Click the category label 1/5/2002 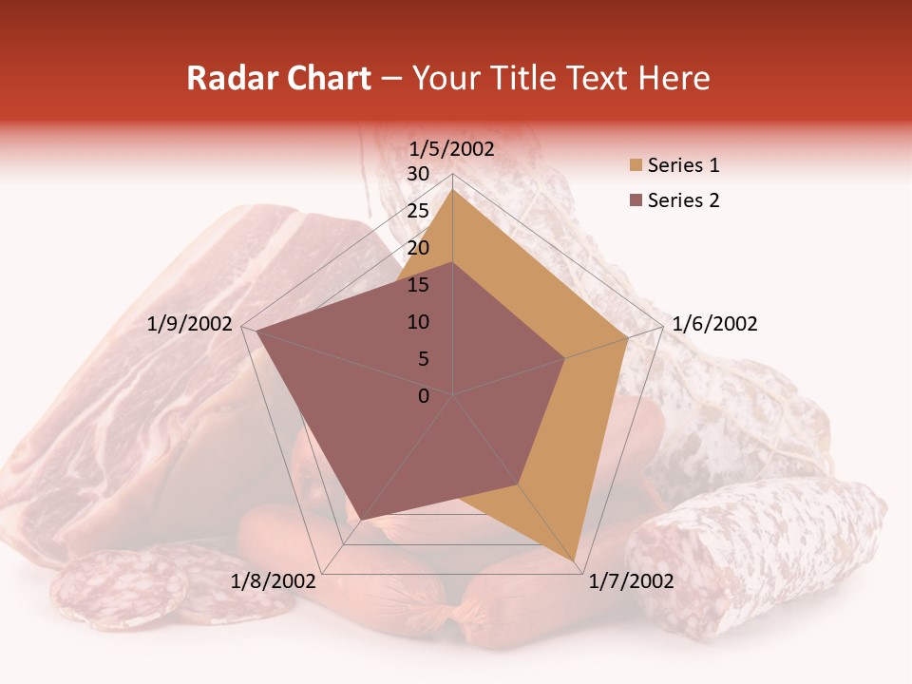[451, 149]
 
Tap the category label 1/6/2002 [714, 324]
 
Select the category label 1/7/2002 [631, 581]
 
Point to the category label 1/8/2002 [273, 581]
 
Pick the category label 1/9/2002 [189, 324]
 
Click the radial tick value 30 [418, 174]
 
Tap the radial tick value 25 [418, 211]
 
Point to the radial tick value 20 [418, 248]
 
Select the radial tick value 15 [418, 285]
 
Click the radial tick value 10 [418, 322]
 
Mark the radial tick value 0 [424, 396]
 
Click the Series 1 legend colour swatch [635, 166]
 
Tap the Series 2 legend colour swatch [635, 200]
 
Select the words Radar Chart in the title [278, 79]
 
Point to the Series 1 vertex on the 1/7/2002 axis [575, 562]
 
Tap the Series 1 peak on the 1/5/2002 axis [452, 189]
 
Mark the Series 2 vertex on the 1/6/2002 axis [565, 358]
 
